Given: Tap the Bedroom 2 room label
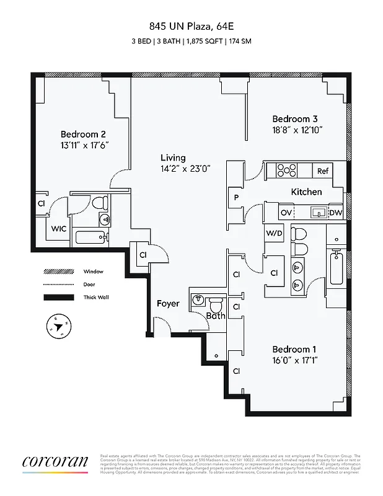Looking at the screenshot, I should [x=83, y=134].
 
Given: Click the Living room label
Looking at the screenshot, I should [x=173, y=157].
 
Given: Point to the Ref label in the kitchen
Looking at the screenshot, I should [x=323, y=171].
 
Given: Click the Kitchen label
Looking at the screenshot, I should [x=306, y=192].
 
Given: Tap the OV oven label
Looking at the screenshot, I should [x=286, y=213].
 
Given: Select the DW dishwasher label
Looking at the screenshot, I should [x=335, y=213].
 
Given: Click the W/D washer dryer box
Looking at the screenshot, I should [x=275, y=233].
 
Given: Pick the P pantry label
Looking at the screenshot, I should [x=236, y=198].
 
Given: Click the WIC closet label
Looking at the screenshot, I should [x=59, y=229].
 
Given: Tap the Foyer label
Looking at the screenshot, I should [x=167, y=303].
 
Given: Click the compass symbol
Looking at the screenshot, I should [x=59, y=327].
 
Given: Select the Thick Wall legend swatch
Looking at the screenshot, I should [x=55, y=298].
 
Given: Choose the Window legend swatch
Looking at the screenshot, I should [x=55, y=272].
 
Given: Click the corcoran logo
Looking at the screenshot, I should [x=56, y=462].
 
